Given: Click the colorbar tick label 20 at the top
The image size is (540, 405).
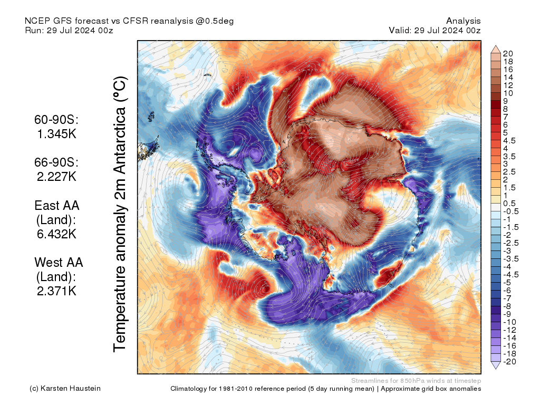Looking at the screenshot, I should (508, 53).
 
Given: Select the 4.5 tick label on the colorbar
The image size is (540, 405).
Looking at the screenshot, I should (509, 140).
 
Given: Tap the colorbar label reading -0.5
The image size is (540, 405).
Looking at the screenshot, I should (511, 211).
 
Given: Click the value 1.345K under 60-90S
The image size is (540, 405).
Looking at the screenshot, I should (56, 134).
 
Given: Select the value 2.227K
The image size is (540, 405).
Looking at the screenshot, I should (56, 177).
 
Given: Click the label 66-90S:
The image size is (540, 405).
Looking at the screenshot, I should (56, 162).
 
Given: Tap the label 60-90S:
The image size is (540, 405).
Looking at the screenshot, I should (56, 120).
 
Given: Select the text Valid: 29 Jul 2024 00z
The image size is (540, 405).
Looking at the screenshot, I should (435, 30).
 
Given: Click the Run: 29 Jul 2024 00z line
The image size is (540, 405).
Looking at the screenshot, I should (69, 30).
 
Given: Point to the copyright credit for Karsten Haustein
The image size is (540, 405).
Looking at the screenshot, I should (65, 389).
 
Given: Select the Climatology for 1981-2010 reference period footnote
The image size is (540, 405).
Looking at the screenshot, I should (325, 389).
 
